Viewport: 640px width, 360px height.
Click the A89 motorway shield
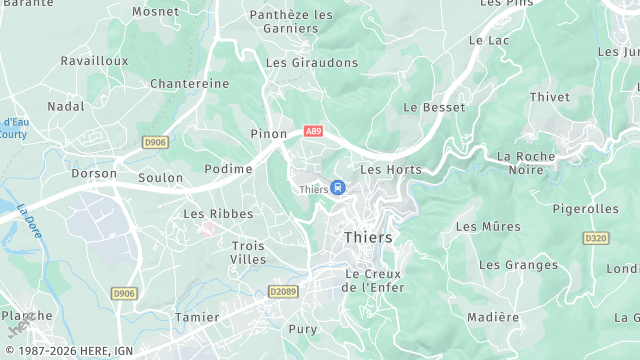pos(313,131)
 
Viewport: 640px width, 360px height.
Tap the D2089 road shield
pos(283,292)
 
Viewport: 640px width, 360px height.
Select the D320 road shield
pos(596,238)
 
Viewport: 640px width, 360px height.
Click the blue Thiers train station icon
pos(338,188)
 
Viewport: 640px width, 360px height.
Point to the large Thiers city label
pos(368,238)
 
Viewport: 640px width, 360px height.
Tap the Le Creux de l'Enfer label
pos(371,280)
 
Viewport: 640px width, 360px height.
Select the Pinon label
pos(269,133)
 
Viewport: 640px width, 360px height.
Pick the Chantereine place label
pos(190,84)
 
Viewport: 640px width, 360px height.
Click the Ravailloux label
pos(94,60)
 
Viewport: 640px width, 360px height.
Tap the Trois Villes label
pos(248,252)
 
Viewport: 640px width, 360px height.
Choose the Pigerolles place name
pos(585,209)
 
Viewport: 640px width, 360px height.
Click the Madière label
pos(493,317)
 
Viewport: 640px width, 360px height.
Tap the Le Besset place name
pos(434,106)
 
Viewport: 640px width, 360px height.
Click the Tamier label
pos(196,317)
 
